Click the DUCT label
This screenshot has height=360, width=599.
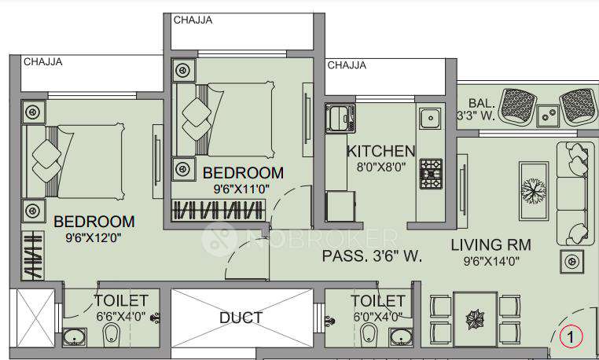pos(241,318)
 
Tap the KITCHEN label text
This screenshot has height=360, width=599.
pos(380,151)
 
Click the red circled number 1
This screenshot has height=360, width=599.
pos(571,336)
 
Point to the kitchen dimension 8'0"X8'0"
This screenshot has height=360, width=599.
pos(380,167)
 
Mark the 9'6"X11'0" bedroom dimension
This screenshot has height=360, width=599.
pos(242,188)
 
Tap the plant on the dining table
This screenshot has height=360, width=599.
pos(476,319)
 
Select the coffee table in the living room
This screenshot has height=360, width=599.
pos(533,189)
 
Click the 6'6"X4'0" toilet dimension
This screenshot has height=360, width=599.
pos(120,316)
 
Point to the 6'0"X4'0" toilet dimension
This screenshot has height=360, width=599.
pos(377,316)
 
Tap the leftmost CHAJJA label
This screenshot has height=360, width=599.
pos(43,61)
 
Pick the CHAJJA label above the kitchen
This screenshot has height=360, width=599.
pos(346,65)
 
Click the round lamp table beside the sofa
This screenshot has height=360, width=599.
pos(571,259)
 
